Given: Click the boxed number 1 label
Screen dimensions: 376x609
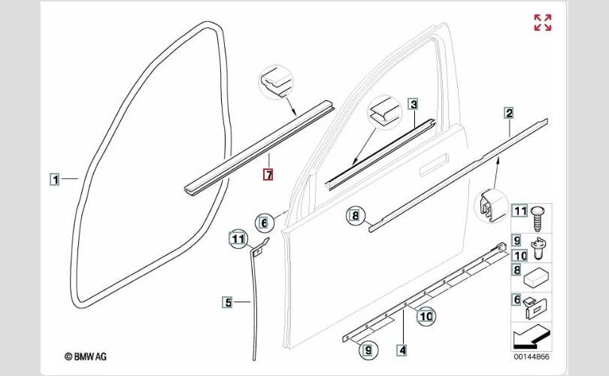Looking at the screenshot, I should point(55,179).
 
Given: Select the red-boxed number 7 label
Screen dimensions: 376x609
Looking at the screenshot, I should point(268,175).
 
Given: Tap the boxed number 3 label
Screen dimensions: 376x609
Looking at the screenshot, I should point(414,105).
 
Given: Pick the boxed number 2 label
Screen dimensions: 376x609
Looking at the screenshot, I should point(509,114).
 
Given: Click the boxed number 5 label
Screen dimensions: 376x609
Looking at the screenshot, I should point(227,303).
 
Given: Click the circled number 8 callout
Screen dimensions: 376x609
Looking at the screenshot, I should point(354,217).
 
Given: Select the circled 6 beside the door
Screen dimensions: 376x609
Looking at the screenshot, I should point(264,222).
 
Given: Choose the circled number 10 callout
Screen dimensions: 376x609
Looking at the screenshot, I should point(426,316).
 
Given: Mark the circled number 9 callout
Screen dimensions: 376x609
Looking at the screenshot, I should point(368,348).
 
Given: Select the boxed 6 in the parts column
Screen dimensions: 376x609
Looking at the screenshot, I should point(517,300).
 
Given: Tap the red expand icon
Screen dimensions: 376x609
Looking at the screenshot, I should point(542,23).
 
